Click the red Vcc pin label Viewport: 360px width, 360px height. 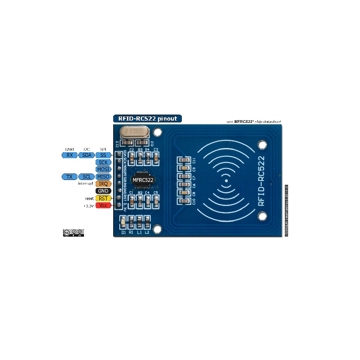click(103, 206)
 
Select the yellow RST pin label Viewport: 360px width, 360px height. click(103, 199)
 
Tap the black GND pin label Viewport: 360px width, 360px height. click(103, 191)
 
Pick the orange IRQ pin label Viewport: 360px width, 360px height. click(103, 184)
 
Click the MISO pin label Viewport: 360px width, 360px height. click(103, 177)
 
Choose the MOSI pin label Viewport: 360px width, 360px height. click(103, 170)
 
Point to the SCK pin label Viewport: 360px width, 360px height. click(103, 163)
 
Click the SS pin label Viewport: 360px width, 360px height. click(103, 155)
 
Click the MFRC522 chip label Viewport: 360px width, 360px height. click(143, 179)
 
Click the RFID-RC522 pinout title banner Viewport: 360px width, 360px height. click(148, 119)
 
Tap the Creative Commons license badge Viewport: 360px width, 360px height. click(73, 232)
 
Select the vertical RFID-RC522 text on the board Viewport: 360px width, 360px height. click(261, 180)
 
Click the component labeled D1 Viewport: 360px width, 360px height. click(123, 221)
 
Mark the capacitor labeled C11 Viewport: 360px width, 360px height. click(185, 160)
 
